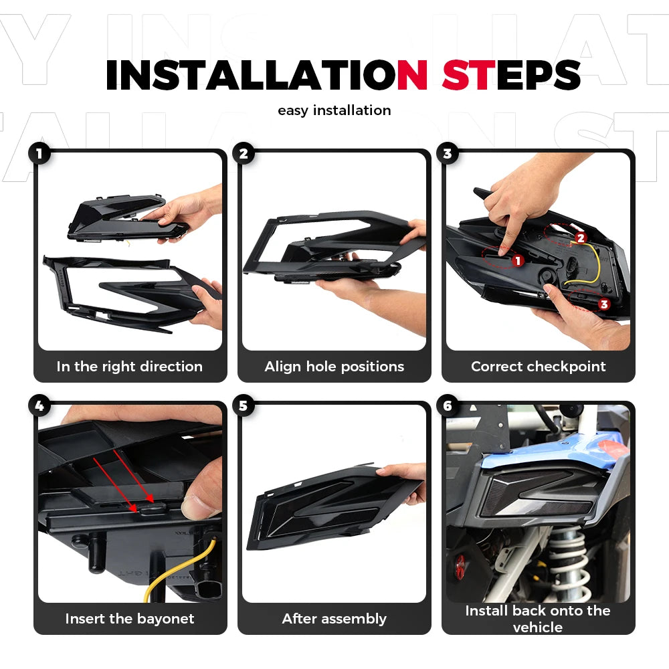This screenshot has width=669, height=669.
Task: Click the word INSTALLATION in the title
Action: click(267, 75)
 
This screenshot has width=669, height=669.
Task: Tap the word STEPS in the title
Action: click(512, 75)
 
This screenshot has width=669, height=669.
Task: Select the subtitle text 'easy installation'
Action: click(334, 110)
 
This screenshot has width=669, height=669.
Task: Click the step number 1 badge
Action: click(39, 154)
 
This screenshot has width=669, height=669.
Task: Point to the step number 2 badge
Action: click(244, 154)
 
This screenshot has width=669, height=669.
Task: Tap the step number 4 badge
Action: click(39, 406)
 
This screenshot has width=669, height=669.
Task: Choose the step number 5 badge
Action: click(244, 406)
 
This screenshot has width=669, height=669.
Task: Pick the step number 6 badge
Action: click(448, 406)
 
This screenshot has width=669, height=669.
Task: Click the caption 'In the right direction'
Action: click(130, 367)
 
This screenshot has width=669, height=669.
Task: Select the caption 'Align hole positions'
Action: click(334, 367)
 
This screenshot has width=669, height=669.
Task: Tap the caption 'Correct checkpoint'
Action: click(539, 367)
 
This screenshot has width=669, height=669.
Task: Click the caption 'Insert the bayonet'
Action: click(130, 619)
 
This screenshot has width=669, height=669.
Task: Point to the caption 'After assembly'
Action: click(334, 619)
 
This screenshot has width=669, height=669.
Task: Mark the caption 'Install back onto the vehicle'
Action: click(538, 619)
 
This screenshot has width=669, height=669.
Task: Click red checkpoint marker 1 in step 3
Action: click(518, 261)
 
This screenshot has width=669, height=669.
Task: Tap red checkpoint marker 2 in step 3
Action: click(581, 238)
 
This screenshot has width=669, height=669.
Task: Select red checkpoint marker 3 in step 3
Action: click(603, 304)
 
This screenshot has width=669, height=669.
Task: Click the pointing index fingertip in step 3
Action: click(504, 250)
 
